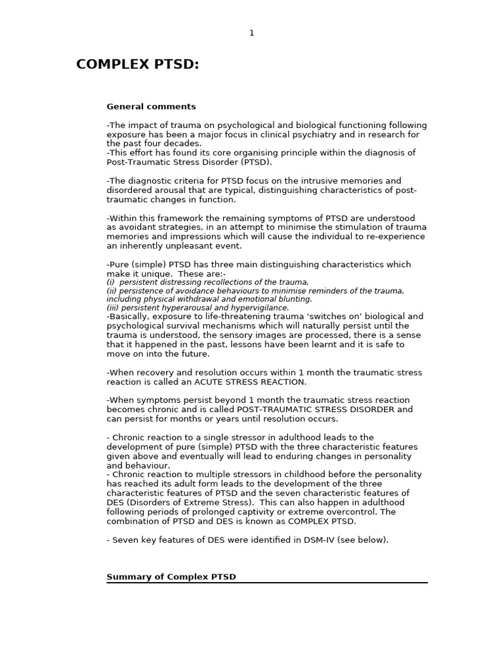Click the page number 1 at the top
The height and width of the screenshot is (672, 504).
tap(251, 33)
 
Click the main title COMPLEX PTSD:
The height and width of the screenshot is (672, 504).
tap(137, 64)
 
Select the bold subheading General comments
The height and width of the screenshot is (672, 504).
tap(151, 106)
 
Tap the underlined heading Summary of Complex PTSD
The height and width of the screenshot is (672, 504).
tap(171, 577)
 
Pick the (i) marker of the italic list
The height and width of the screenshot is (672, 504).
tap(110, 282)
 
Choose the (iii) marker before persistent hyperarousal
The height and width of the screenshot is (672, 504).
tap(113, 308)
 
